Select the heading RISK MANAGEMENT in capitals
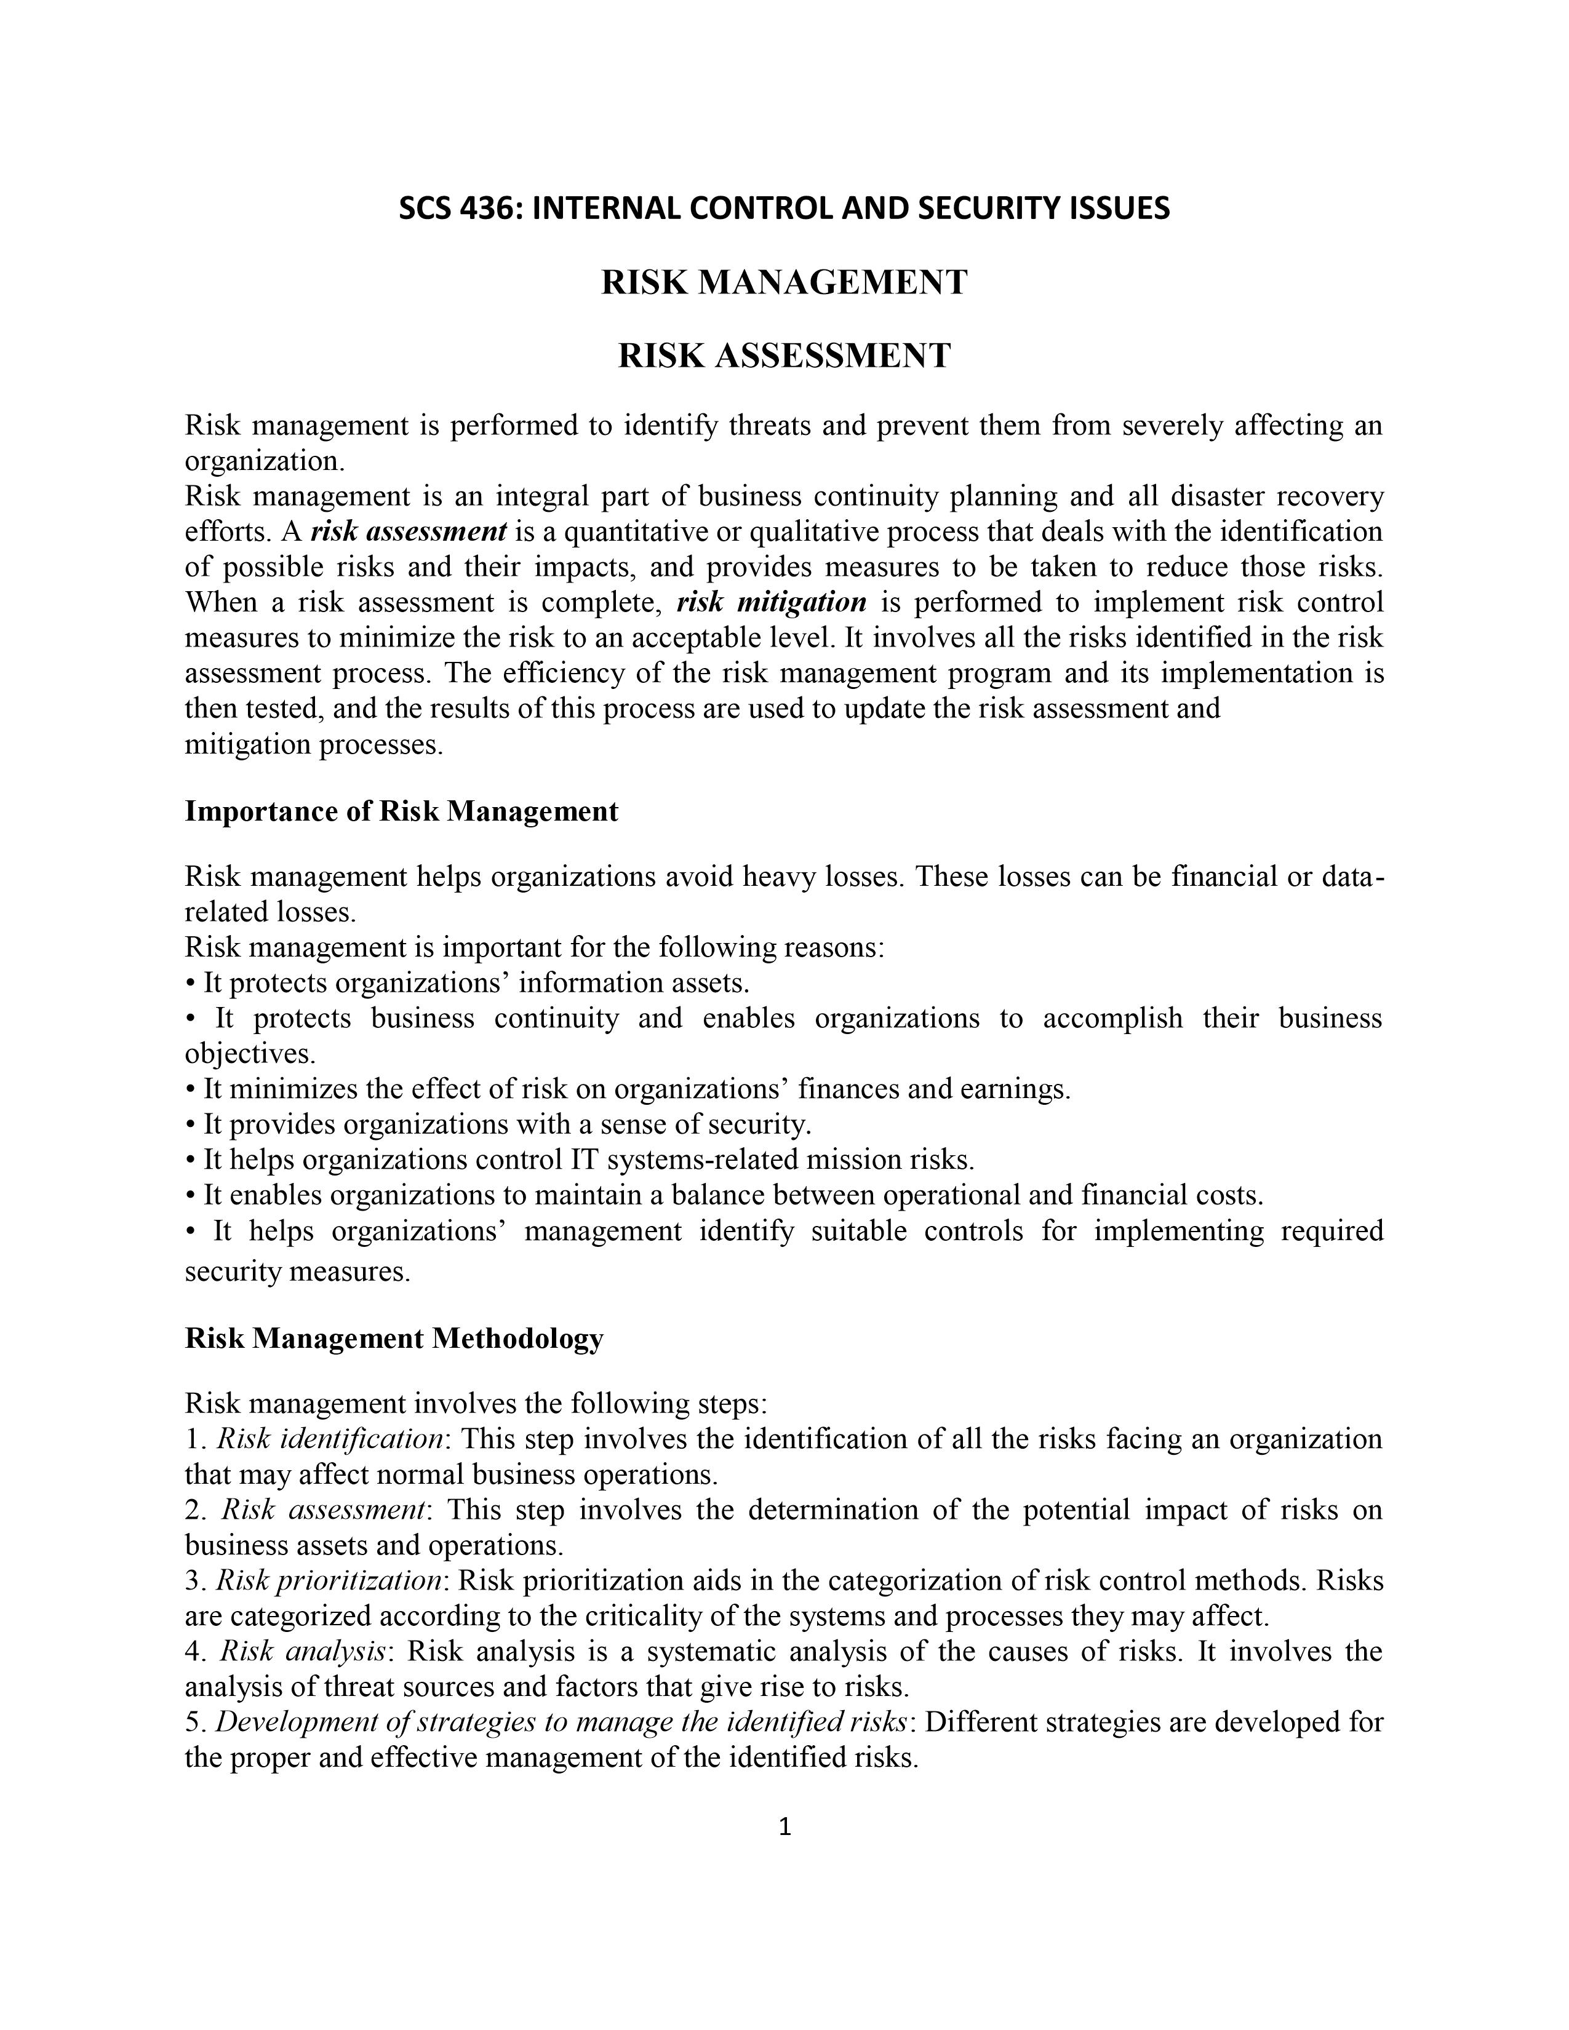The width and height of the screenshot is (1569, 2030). pos(784,282)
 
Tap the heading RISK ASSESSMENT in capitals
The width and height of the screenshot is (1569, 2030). pos(784,355)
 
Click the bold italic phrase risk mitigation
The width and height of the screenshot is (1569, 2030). pos(772,602)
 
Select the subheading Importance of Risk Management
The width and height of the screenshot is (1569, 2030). pos(402,811)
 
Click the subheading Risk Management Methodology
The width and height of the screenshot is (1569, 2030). pos(394,1339)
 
